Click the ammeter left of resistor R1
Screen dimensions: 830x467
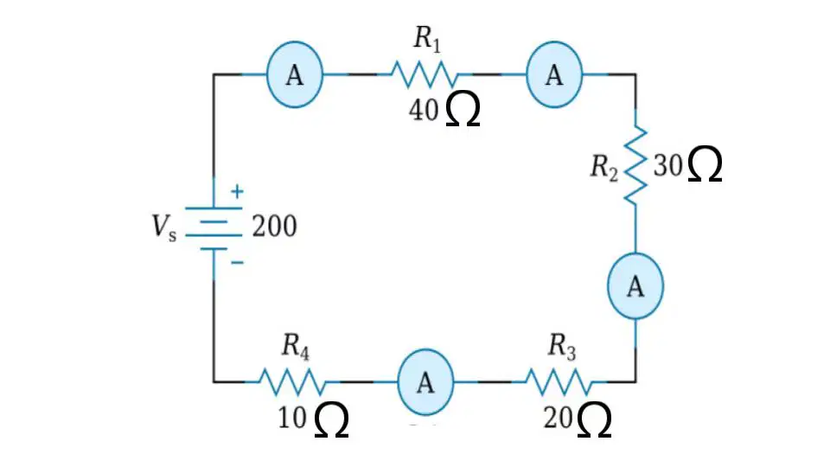(295, 74)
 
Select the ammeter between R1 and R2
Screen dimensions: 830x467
(554, 74)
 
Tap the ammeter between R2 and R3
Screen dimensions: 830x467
(635, 286)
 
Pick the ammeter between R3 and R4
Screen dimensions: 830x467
(425, 381)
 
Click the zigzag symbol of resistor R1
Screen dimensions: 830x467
(425, 74)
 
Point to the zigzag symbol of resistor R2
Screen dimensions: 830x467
(635, 164)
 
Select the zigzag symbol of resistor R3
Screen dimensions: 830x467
(560, 381)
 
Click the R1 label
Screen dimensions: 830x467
(426, 39)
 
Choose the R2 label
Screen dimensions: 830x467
(604, 168)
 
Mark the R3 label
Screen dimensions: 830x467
(562, 348)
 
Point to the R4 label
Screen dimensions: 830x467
(296, 348)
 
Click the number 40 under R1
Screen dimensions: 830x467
(424, 111)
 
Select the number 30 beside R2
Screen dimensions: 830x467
(668, 165)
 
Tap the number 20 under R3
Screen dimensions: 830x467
(558, 418)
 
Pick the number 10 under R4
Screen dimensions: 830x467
(292, 418)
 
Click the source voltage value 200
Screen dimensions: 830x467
(274, 227)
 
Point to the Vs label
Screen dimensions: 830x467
(164, 227)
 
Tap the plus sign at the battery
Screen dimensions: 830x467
(237, 191)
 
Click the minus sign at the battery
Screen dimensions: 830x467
(238, 262)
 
